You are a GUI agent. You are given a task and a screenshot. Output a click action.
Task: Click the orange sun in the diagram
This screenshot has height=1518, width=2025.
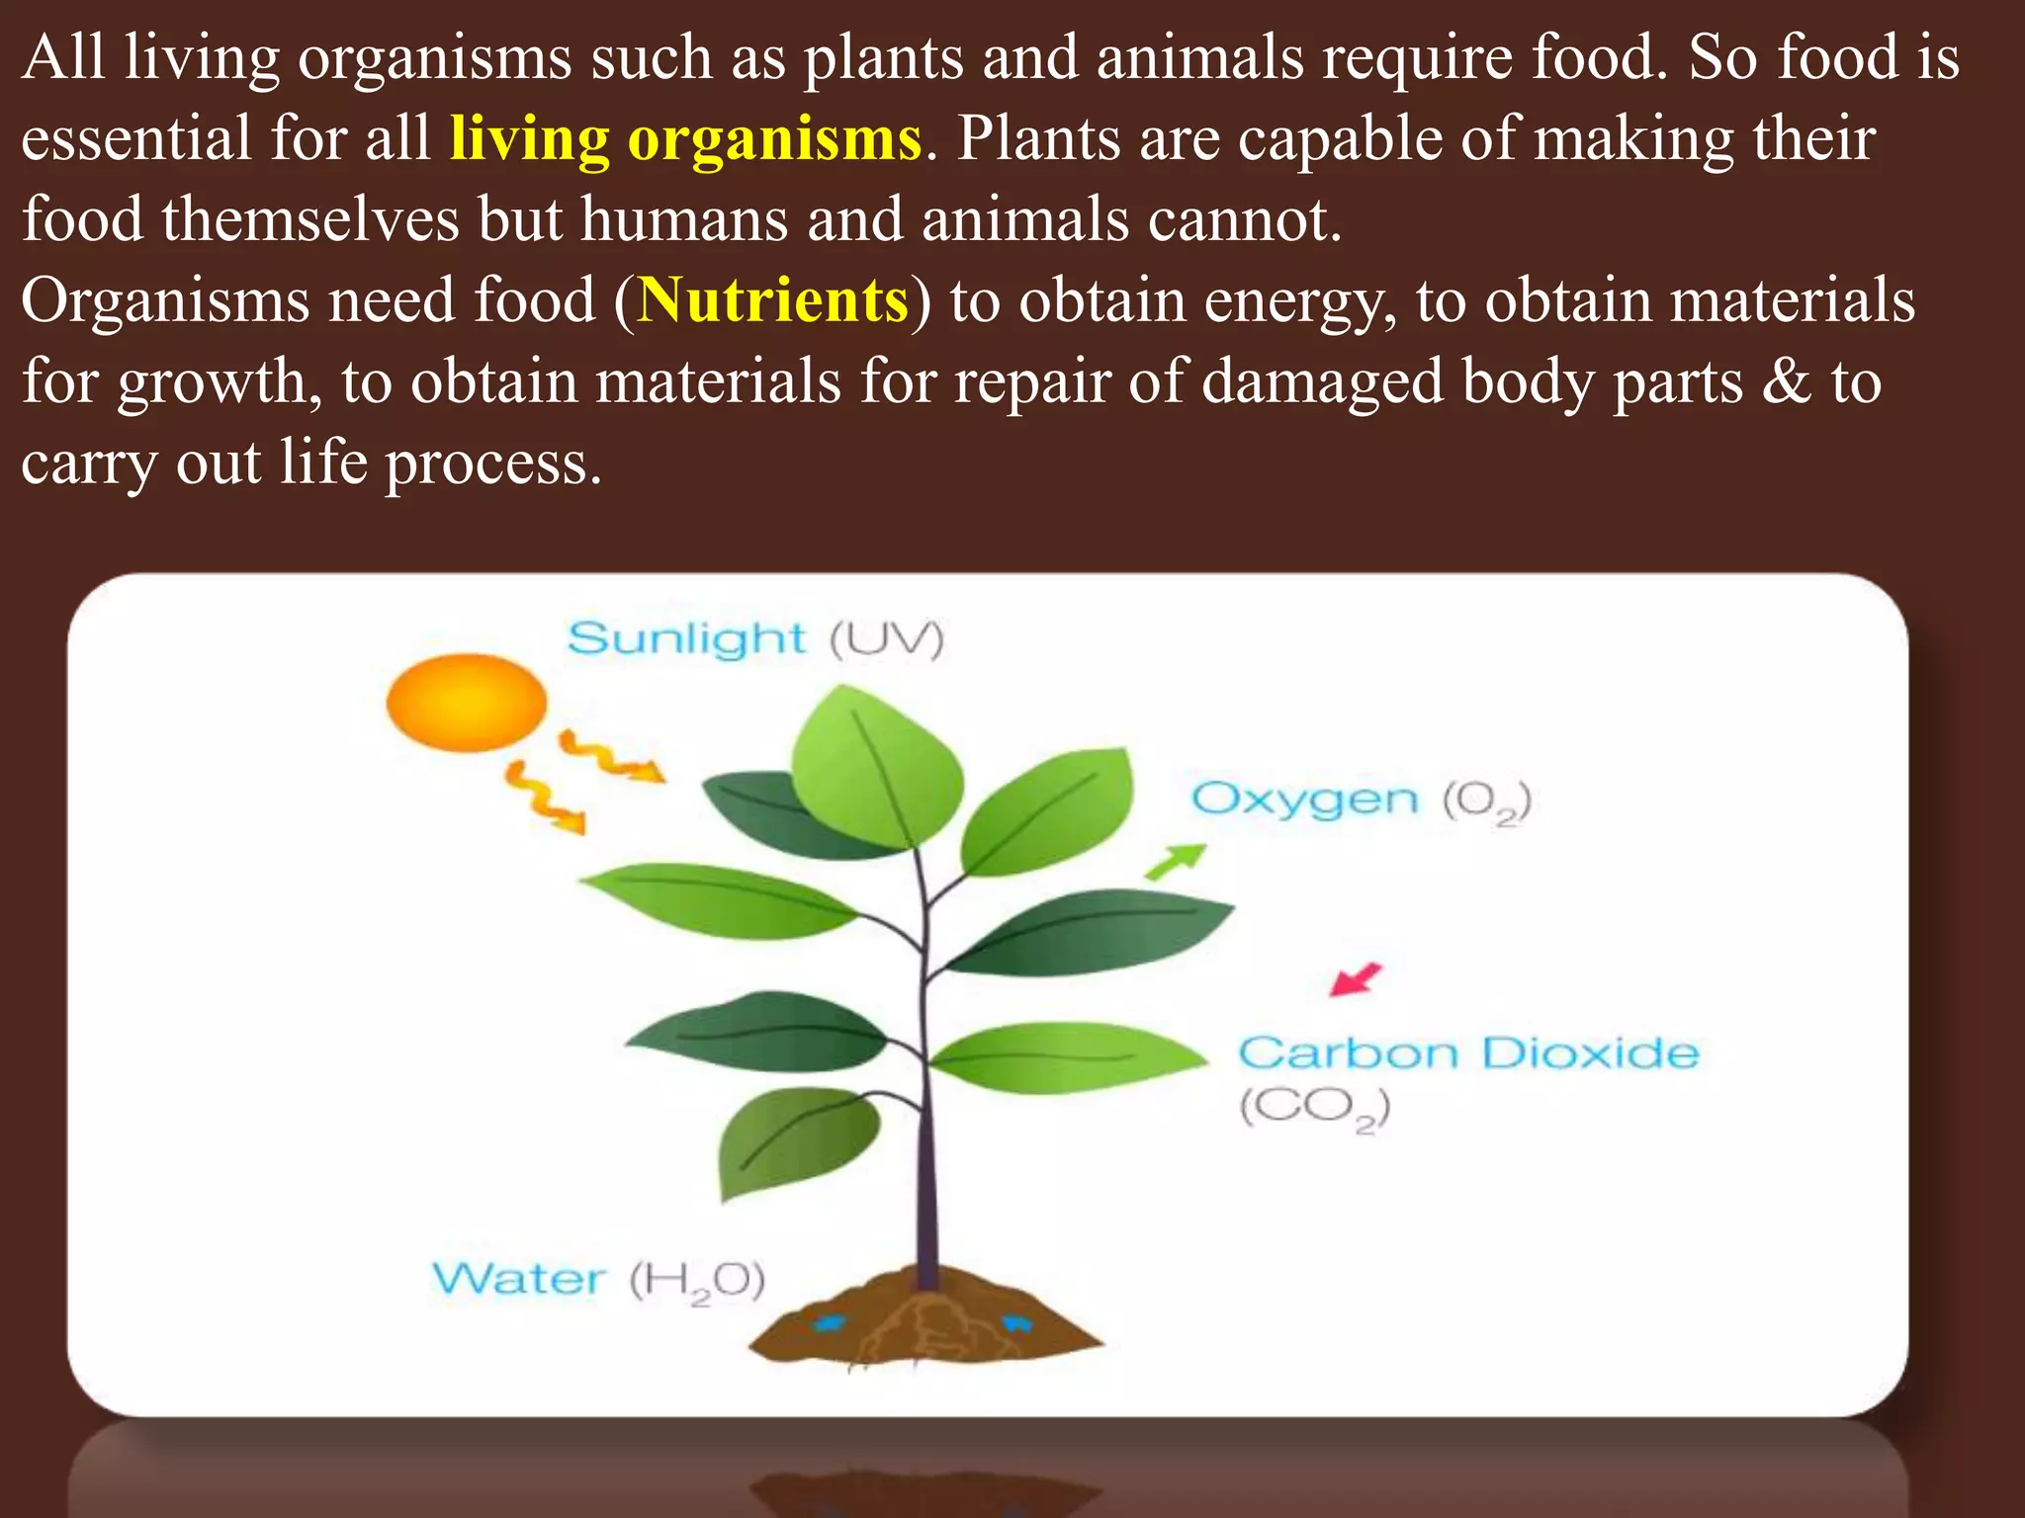[x=466, y=702]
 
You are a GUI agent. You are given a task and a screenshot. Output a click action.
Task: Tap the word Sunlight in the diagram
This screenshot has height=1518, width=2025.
[x=686, y=639]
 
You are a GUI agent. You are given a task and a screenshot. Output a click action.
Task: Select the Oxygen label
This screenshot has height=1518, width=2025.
[x=1304, y=800]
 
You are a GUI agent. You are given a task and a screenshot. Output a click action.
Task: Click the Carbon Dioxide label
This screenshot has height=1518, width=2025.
[x=1468, y=1054]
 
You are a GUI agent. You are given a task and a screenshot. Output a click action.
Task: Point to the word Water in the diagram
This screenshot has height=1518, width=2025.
[x=518, y=1279]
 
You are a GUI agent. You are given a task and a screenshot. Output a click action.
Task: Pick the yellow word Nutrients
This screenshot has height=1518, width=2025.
[x=773, y=300]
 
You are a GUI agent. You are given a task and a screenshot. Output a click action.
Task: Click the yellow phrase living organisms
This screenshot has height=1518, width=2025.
[x=686, y=138]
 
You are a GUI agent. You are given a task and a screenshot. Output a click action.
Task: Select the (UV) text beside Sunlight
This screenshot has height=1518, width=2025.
[x=886, y=639]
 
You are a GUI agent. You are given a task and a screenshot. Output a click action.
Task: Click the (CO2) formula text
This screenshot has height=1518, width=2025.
[x=1315, y=1108]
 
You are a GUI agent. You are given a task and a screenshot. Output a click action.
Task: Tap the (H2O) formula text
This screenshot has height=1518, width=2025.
[x=697, y=1282]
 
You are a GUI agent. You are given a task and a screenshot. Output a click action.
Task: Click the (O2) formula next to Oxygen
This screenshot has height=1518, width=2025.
[x=1486, y=801]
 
